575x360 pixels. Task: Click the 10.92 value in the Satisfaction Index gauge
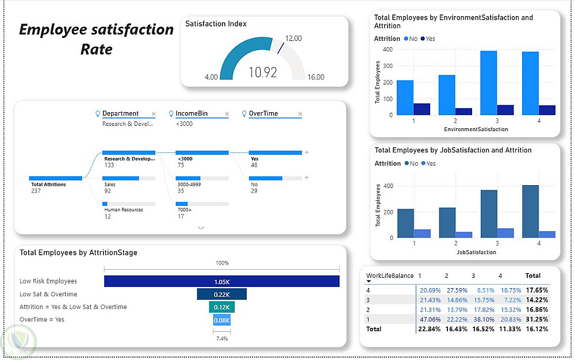point(262,72)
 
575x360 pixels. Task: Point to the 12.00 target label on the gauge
point(293,39)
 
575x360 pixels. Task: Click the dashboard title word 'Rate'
point(97,49)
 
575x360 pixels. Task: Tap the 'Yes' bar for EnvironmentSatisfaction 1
point(422,109)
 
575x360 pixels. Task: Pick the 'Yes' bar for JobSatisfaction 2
point(464,235)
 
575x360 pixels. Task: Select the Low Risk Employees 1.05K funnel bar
point(221,281)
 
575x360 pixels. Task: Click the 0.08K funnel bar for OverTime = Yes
point(222,320)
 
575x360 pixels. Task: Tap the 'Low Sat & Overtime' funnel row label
point(48,294)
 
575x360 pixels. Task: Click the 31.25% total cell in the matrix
point(536,319)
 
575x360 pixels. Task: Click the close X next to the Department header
point(154,114)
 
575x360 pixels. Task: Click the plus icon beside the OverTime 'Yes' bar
point(307,153)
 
